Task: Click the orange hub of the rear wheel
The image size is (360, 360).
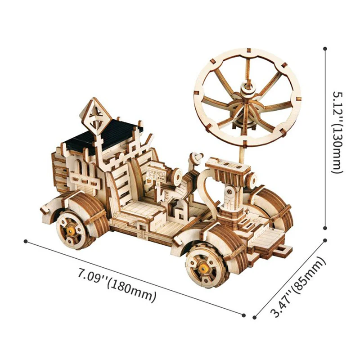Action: coord(72,228)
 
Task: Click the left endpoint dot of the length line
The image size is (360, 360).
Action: coord(26,241)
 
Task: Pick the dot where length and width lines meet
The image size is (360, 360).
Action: coord(245,315)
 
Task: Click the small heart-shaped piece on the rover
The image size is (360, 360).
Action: coord(197,157)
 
